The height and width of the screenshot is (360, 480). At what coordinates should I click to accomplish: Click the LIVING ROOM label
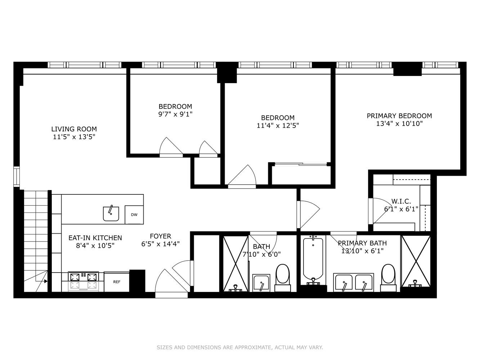coord(74,129)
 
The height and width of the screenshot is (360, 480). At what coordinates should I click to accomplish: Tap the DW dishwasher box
coord(134,215)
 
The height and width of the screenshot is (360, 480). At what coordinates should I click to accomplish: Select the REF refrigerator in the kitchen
coord(117,282)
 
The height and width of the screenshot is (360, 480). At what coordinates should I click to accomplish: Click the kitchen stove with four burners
coord(83,281)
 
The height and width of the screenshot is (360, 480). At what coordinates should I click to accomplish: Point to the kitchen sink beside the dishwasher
coord(111,213)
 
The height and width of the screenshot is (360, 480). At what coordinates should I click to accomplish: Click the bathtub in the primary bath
coord(313,258)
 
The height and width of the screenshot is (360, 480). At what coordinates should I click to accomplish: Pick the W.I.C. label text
coord(401,201)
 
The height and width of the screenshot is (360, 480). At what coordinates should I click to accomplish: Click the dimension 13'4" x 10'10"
coord(399,123)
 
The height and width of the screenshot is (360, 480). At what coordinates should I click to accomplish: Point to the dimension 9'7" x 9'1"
coord(175,114)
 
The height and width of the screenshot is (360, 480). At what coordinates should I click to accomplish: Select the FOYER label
coord(160,236)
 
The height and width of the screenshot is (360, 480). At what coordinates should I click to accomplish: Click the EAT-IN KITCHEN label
coord(95,238)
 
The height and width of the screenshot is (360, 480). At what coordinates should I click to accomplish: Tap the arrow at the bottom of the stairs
coord(46,282)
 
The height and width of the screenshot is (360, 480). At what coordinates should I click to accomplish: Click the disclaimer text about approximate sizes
coord(240,347)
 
